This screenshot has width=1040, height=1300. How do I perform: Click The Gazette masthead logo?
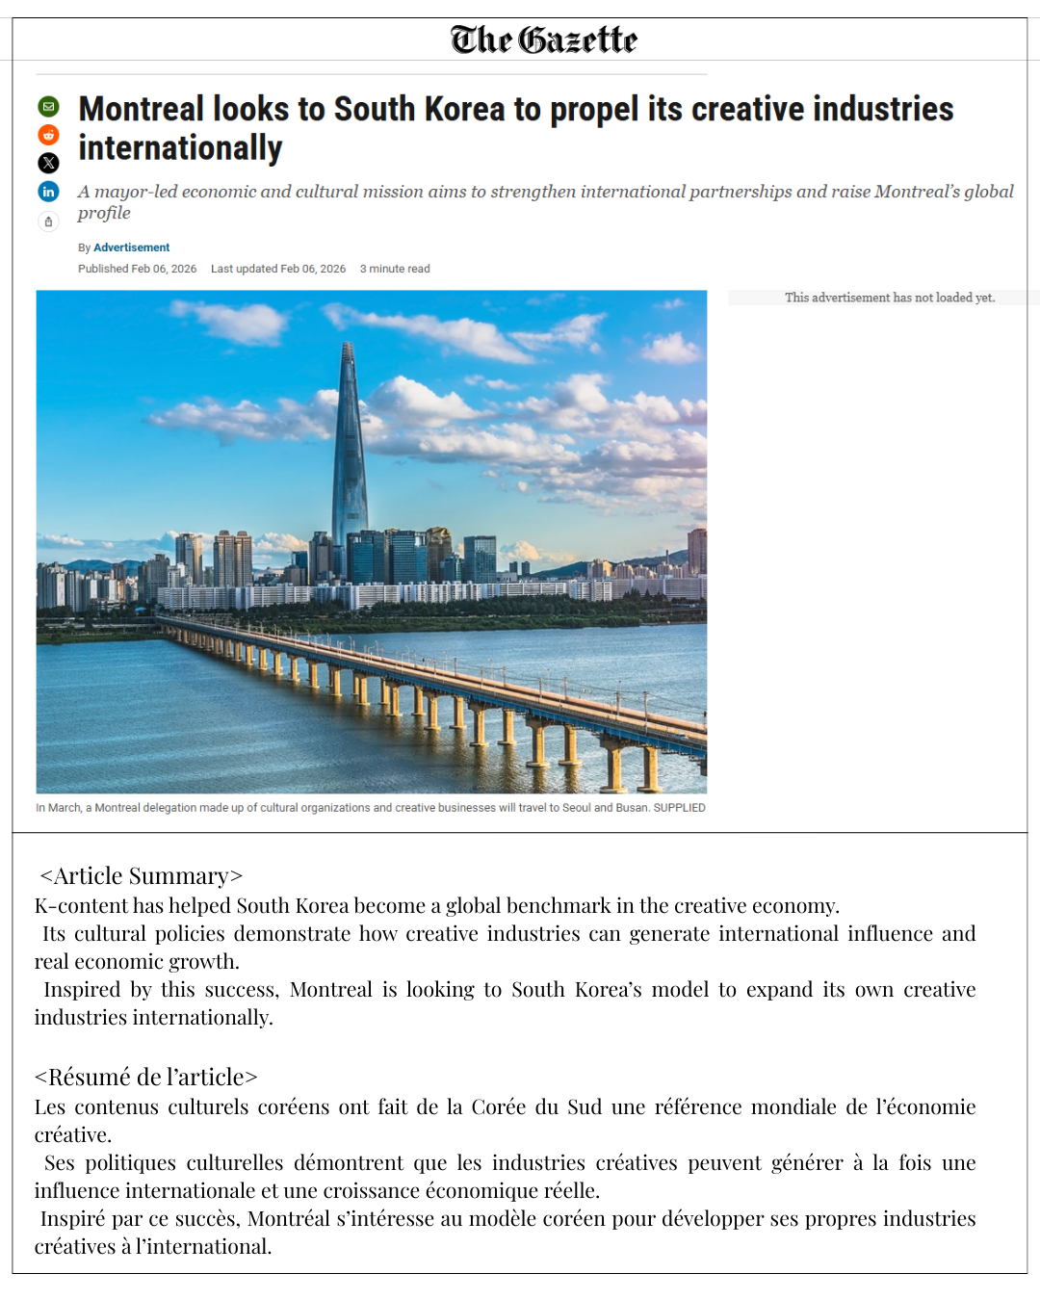tap(544, 39)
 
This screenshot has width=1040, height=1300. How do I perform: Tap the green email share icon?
tap(48, 106)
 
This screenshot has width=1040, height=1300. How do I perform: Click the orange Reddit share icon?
tap(48, 135)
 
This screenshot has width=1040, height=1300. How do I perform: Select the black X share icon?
tap(48, 163)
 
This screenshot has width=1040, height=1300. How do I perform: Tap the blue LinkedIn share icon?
tap(48, 192)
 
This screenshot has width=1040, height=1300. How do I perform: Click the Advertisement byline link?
tap(131, 247)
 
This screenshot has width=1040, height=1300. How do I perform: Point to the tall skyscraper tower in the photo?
tap(349, 453)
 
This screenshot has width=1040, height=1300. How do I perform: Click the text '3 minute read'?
tap(395, 269)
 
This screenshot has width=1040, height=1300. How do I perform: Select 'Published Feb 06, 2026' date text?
tap(137, 269)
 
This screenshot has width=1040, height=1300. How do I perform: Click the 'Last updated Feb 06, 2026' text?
tap(278, 269)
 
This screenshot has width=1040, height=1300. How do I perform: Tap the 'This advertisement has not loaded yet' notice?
tap(889, 298)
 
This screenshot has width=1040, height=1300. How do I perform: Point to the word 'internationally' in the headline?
tap(180, 148)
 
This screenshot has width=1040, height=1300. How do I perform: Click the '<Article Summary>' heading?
tap(141, 875)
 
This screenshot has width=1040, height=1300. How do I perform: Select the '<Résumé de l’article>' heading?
tap(146, 1077)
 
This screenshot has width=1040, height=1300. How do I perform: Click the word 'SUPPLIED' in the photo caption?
tap(679, 808)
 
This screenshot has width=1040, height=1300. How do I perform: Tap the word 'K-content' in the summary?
tap(81, 906)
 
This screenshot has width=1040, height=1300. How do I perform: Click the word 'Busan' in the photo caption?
tap(632, 808)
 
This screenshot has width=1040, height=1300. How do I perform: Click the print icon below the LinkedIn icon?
tap(48, 221)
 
